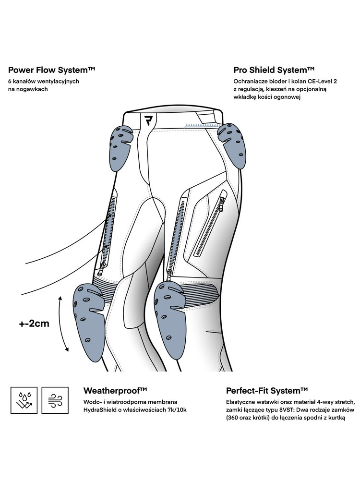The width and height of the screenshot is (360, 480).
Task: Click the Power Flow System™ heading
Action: click(x=52, y=70)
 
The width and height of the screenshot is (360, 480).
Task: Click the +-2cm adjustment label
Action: click(x=34, y=323)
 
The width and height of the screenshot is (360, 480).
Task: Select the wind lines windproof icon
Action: click(x=53, y=399)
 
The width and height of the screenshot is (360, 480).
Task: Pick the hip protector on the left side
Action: click(x=120, y=143)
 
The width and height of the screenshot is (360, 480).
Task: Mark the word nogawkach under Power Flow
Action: click(x=28, y=89)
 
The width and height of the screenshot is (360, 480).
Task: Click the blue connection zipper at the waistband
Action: click(x=201, y=124)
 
